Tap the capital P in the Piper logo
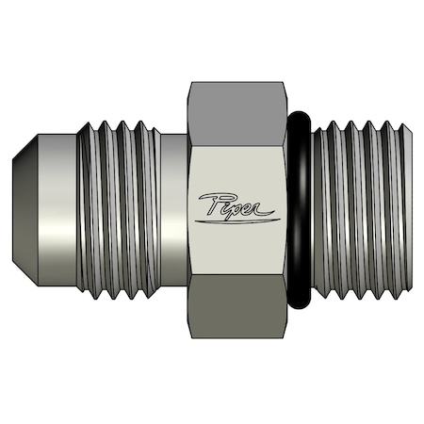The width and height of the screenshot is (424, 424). (x=210, y=202)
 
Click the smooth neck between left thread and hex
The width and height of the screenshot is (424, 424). (x=173, y=211)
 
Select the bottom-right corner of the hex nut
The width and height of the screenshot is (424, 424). (x=285, y=340)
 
